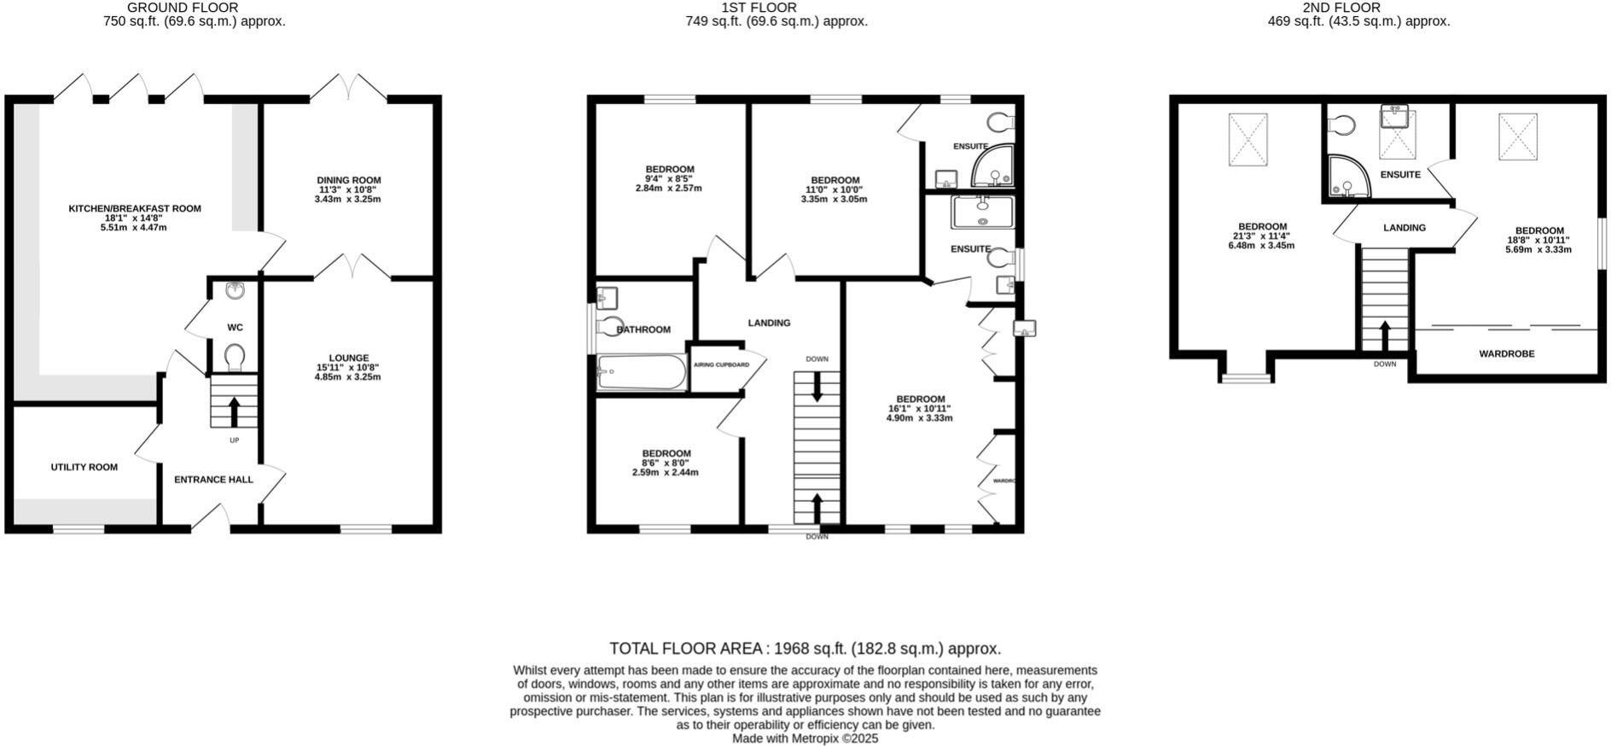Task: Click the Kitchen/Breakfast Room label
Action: point(135,208)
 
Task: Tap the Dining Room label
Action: point(348,180)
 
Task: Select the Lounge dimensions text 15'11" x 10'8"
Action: point(348,368)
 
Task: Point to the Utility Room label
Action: point(84,467)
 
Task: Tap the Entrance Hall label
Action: point(213,480)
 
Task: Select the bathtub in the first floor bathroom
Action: point(642,372)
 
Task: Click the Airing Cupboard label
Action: point(721,364)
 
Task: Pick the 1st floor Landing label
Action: point(769,323)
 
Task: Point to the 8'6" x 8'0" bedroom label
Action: point(666,453)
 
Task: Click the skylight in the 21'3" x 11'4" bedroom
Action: point(1248,140)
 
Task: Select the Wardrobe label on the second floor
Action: point(1506,353)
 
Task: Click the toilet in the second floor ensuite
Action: point(1341,126)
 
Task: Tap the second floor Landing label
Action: point(1404,228)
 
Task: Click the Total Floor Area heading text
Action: point(805,649)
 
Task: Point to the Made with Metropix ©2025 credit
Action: point(805,738)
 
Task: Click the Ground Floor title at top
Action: point(183,8)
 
